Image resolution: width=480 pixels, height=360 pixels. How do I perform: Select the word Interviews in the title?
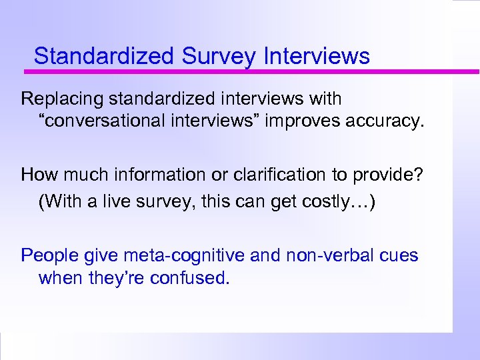point(317,56)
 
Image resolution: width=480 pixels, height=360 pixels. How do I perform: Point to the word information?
point(157,175)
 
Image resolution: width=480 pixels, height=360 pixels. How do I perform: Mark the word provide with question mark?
point(394,175)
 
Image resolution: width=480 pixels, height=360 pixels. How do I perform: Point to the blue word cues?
point(399,255)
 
